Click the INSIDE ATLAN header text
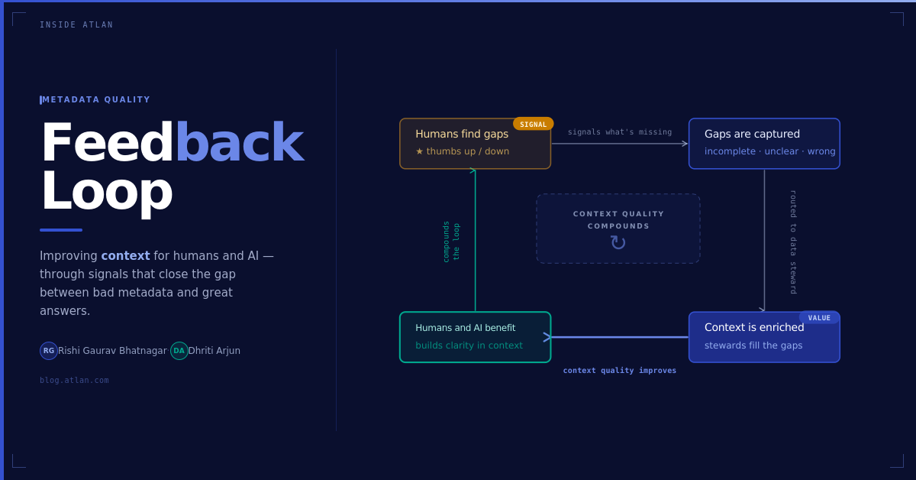[76, 25]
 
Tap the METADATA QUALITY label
[96, 99]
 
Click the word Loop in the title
[106, 190]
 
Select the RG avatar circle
[49, 351]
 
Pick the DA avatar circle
[179, 351]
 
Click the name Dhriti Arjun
[214, 351]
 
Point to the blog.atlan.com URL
[74, 380]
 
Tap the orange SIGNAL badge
[534, 124]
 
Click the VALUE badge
[819, 318]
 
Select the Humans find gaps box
[475, 144]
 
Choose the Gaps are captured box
[764, 144]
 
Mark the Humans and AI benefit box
[475, 337]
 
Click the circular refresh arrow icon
[618, 243]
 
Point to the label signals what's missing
[620, 132]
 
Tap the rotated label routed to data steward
[793, 242]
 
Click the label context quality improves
[620, 371]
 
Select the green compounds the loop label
[451, 242]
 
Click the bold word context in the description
[125, 256]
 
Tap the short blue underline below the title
[61, 230]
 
